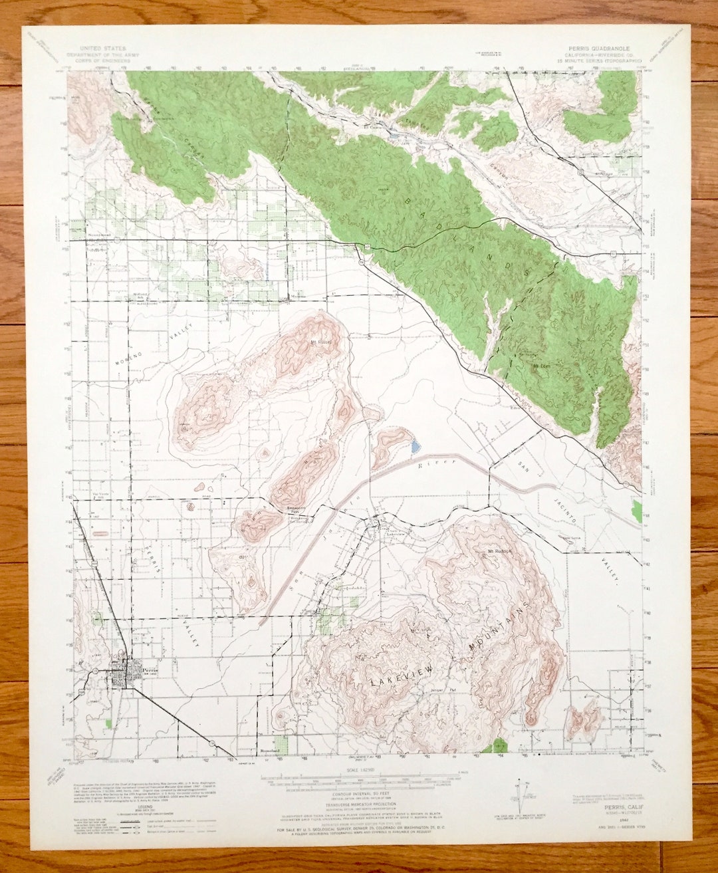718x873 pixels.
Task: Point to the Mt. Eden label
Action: [540, 366]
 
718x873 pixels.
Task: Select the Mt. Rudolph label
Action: [502, 551]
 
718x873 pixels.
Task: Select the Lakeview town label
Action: [396, 533]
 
